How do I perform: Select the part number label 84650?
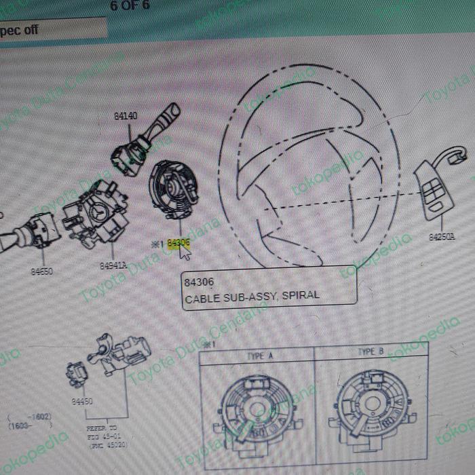point(41,271)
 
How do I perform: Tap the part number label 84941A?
point(113,266)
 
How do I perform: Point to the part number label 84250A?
point(442,237)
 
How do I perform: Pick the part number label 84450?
point(81,401)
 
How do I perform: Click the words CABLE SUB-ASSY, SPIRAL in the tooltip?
point(251,295)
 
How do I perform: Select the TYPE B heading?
point(370,351)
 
